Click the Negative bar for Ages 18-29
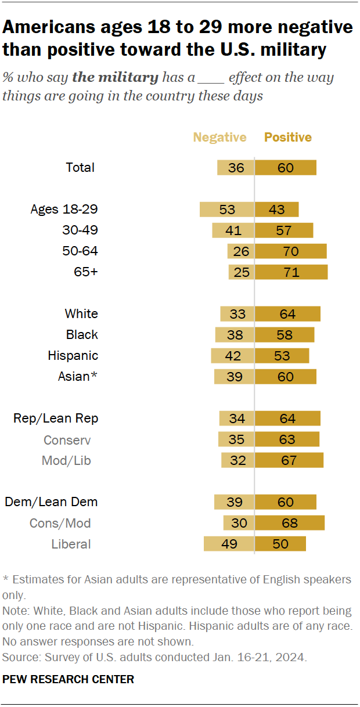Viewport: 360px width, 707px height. [x=226, y=210]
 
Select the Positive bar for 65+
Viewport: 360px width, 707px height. [x=291, y=272]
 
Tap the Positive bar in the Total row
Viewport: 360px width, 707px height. [x=285, y=168]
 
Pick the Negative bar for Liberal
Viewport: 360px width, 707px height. [x=229, y=544]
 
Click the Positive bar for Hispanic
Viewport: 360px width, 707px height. [x=282, y=356]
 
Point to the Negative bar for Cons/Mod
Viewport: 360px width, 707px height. [x=239, y=523]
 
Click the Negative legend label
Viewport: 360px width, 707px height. [x=219, y=138]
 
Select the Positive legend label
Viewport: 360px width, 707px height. [x=288, y=138]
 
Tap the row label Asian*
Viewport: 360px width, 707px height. [x=77, y=377]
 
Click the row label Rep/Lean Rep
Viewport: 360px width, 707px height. [x=56, y=419]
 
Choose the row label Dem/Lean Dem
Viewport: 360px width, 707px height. [x=51, y=502]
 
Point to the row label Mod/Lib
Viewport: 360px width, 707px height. [x=66, y=460]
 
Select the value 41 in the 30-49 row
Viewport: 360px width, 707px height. [x=233, y=230]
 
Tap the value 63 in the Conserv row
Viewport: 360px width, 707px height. [x=287, y=439]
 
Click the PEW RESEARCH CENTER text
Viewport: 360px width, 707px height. [x=69, y=679]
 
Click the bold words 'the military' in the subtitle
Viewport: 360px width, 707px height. [x=115, y=78]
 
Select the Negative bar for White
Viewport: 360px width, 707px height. [x=237, y=314]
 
